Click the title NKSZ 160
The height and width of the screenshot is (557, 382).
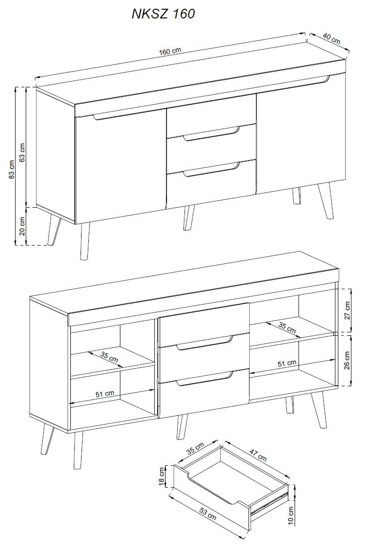(x=163, y=14)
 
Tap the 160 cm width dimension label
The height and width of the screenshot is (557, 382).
(x=170, y=51)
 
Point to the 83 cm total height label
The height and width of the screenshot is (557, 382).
(x=12, y=170)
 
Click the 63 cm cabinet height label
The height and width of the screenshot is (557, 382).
(x=22, y=152)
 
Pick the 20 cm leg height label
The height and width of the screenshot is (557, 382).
(x=22, y=227)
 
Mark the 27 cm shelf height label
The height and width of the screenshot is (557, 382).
(x=348, y=311)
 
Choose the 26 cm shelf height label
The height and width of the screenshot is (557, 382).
(x=348, y=360)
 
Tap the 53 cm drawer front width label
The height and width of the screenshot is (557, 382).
(x=208, y=514)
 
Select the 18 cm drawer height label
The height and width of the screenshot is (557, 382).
(x=162, y=476)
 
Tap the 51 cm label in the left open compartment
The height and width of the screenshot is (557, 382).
(x=105, y=393)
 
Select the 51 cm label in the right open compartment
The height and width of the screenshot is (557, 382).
(x=287, y=363)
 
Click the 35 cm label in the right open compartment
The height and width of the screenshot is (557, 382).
(x=287, y=328)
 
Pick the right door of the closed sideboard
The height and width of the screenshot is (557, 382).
(x=301, y=134)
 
